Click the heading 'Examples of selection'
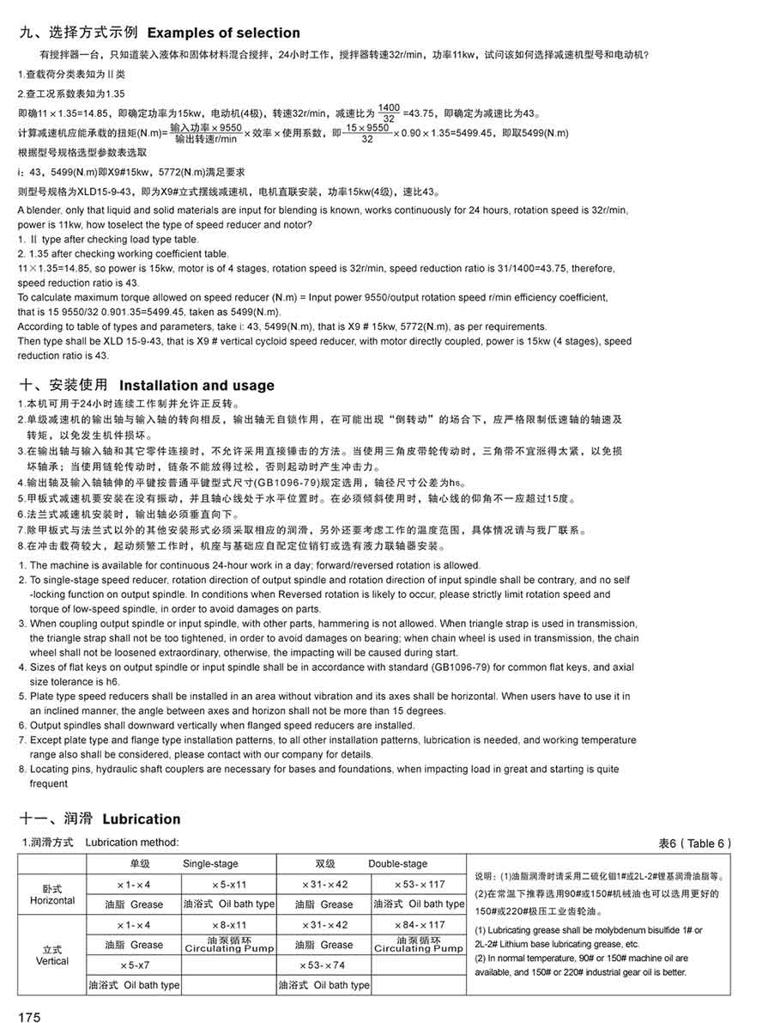pos(224,33)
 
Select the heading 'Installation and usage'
pos(197,385)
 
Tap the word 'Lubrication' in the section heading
pos(142,819)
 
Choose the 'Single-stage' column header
pos(210,863)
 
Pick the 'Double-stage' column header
pos(397,863)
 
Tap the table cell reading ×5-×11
pos(228,884)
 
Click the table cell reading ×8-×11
pos(228,924)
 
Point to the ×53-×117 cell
pos(420,884)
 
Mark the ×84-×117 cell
pos(420,924)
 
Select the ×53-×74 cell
pos(324,965)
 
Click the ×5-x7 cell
pos(133,965)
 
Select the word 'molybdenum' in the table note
pos(602,930)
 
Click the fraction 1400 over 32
pos(389,113)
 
